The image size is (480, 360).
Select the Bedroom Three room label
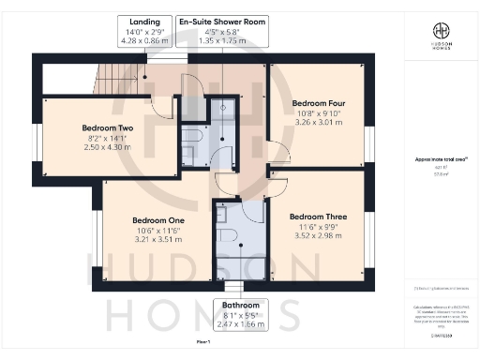pos(318,217)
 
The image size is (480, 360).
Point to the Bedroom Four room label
pos(320,102)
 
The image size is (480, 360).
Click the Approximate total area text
pos(440,160)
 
